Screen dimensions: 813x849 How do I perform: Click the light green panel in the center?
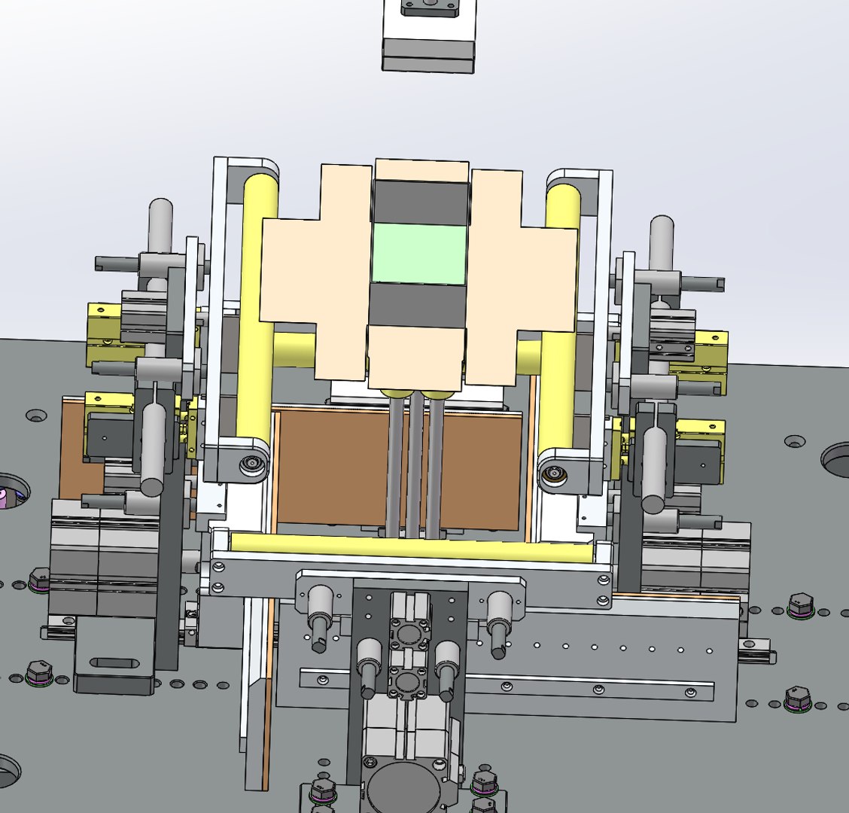[x=419, y=254]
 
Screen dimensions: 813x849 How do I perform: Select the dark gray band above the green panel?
[x=421, y=202]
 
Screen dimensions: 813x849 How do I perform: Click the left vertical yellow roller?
[x=256, y=301]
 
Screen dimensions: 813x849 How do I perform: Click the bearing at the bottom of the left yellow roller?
[x=250, y=465]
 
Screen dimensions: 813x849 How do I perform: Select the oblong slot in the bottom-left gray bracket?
[x=114, y=663]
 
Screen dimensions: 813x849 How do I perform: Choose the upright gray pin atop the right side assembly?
[x=661, y=241]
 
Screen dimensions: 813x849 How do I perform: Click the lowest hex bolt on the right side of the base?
[x=798, y=698]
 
